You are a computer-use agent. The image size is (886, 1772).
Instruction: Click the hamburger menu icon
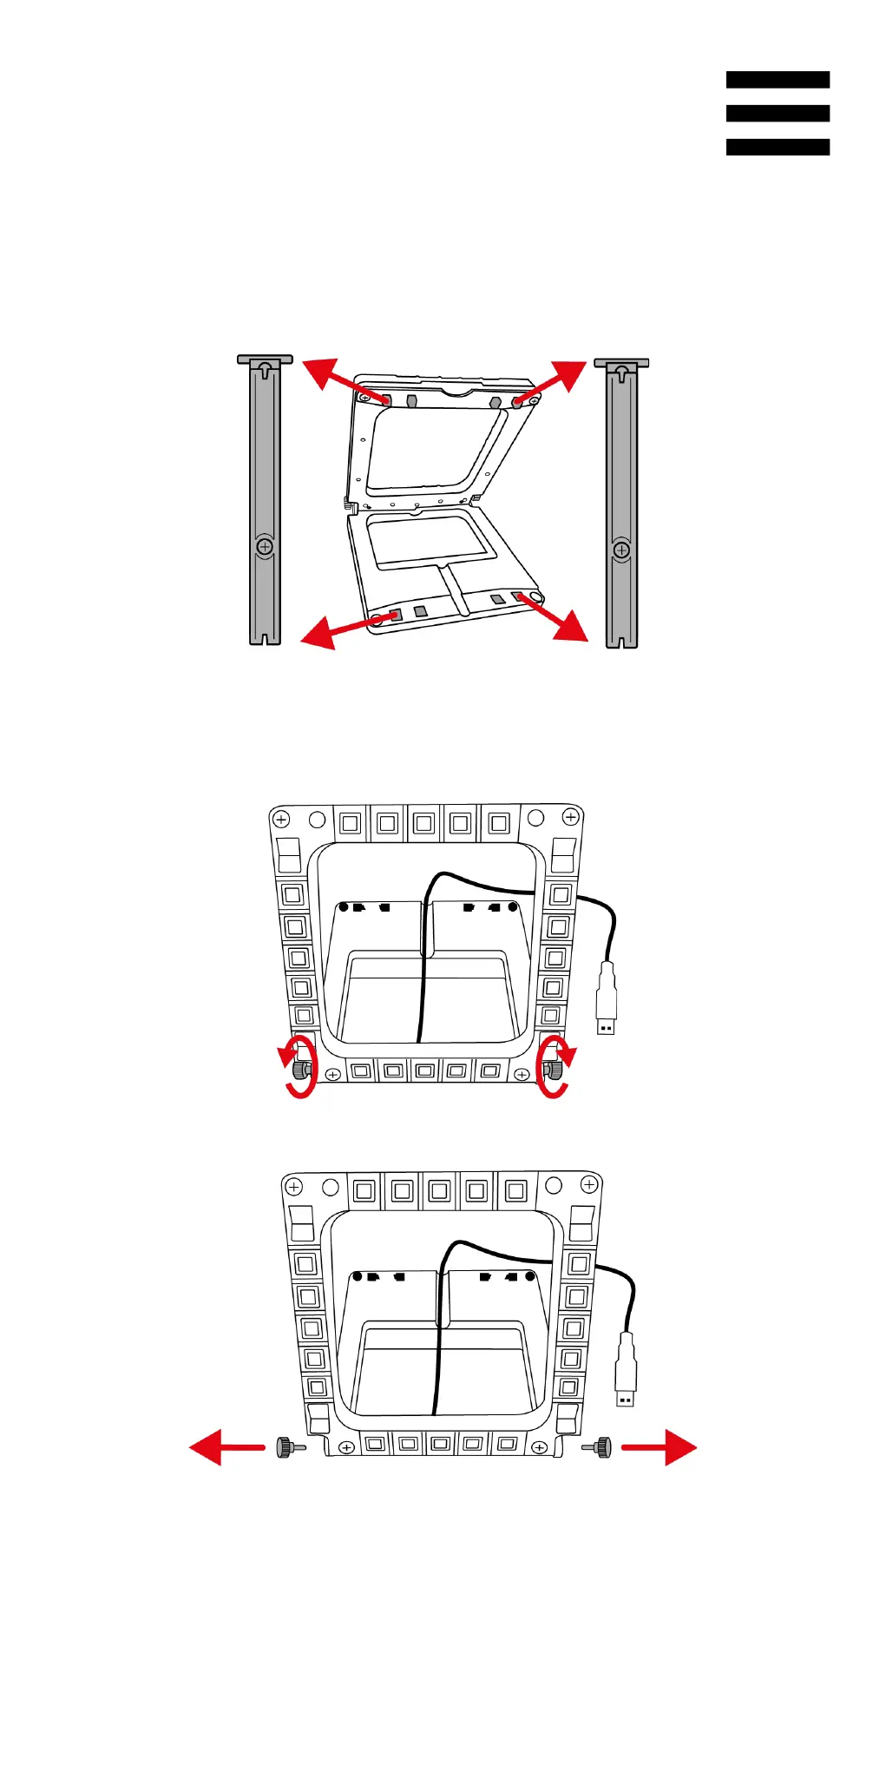(x=778, y=113)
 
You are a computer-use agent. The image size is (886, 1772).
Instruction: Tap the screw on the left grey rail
(x=265, y=546)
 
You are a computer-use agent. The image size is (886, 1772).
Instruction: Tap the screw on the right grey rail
(x=621, y=550)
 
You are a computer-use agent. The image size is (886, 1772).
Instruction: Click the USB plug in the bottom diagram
(x=625, y=1369)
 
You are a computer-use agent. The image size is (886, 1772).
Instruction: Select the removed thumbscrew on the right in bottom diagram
(x=601, y=1446)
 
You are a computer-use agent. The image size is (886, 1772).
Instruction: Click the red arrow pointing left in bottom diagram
(x=224, y=1446)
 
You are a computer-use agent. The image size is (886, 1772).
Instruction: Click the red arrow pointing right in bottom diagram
(x=661, y=1446)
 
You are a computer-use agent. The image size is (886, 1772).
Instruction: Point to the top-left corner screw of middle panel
(x=281, y=819)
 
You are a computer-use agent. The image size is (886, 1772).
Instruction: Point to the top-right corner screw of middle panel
(x=570, y=817)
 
